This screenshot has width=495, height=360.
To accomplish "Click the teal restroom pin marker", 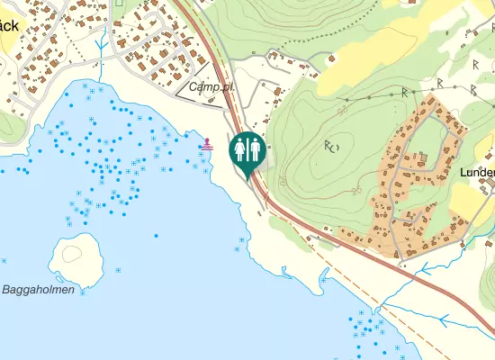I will pyautogui.click(x=247, y=150).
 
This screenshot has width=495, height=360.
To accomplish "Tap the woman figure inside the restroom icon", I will pyautogui.click(x=240, y=148).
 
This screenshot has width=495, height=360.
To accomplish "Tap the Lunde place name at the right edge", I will pyautogui.click(x=477, y=172).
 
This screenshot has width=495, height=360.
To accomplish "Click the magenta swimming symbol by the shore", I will pyautogui.click(x=208, y=143).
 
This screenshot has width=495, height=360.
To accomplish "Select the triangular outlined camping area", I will pyautogui.click(x=205, y=84).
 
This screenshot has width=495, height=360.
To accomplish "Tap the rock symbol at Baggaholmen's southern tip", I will pyautogui.click(x=82, y=292).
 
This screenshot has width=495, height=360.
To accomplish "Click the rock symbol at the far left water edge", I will pyautogui.click(x=4, y=261).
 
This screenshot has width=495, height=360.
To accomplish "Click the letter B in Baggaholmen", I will pyautogui.click(x=6, y=290).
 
